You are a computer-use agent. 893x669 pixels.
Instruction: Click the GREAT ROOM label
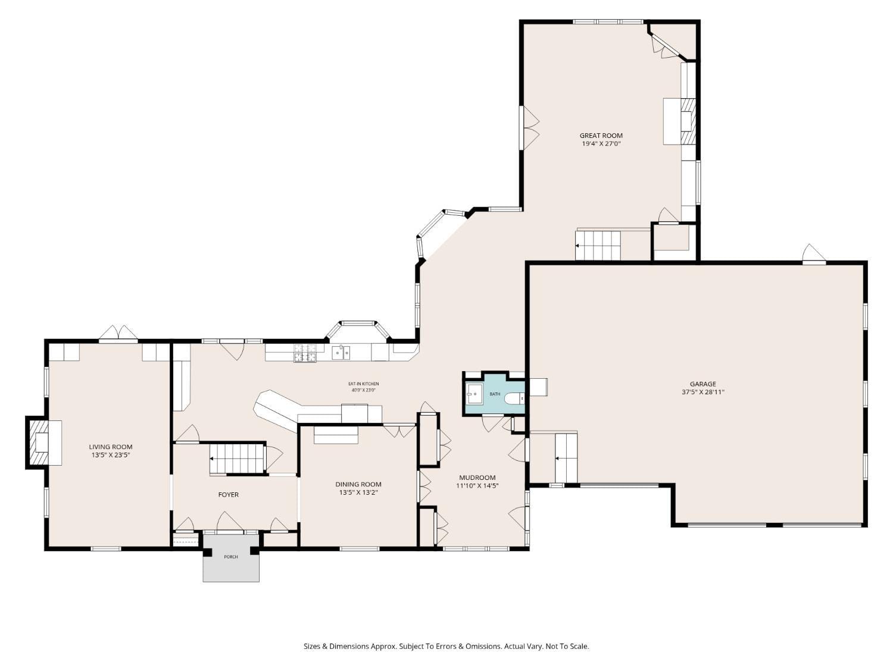coord(601,136)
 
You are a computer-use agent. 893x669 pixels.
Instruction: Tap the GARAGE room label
coord(702,384)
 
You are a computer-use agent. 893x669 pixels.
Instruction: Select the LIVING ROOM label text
coord(111,447)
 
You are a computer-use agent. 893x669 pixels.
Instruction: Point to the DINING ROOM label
coord(358,484)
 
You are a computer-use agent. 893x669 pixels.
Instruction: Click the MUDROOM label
coord(477,478)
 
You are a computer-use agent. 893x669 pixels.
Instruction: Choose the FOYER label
coord(229,495)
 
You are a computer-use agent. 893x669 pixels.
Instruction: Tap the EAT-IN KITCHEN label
coord(363,384)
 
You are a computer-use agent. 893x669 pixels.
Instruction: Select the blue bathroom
coord(494,394)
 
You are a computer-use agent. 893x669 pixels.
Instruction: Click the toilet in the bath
coord(514,399)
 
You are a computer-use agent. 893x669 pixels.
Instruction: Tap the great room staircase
coord(598,245)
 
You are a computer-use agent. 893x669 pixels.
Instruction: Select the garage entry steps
coord(566,458)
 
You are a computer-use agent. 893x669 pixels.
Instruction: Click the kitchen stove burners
coord(305,353)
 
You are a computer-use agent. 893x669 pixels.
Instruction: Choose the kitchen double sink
coord(341,353)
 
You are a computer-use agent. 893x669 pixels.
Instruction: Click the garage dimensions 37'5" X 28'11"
coord(702,392)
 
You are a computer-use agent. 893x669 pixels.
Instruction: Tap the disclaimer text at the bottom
coord(446,646)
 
